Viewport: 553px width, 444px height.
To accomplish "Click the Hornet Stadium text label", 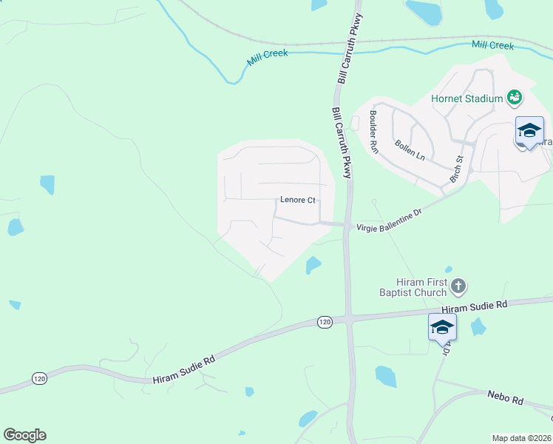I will pos(467,98).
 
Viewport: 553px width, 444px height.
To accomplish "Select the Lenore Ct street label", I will pos(298,200).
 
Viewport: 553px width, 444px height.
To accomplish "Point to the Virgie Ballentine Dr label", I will pos(389,221).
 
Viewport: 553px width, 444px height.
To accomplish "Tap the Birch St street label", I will pos(456,169).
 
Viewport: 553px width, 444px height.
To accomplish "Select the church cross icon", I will pos(458,286).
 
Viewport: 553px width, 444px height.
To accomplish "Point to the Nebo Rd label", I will pos(505,398).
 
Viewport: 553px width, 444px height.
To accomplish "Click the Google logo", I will pos(24,435).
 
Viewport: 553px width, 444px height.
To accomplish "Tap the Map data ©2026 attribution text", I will pos(521,437).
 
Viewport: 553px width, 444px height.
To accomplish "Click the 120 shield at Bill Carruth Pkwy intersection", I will pos(325,321).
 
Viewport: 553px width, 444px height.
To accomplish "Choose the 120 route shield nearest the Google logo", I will pos(39,378).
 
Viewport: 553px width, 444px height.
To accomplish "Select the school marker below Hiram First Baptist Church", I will pos(442,326).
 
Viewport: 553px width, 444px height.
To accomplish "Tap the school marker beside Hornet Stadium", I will pos(529,130).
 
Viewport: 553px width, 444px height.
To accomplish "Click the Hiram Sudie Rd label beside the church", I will pos(475,306).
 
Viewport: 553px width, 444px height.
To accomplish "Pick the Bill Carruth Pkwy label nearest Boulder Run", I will pos(342,143).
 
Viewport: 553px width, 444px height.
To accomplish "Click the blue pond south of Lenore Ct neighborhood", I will pos(313,264).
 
